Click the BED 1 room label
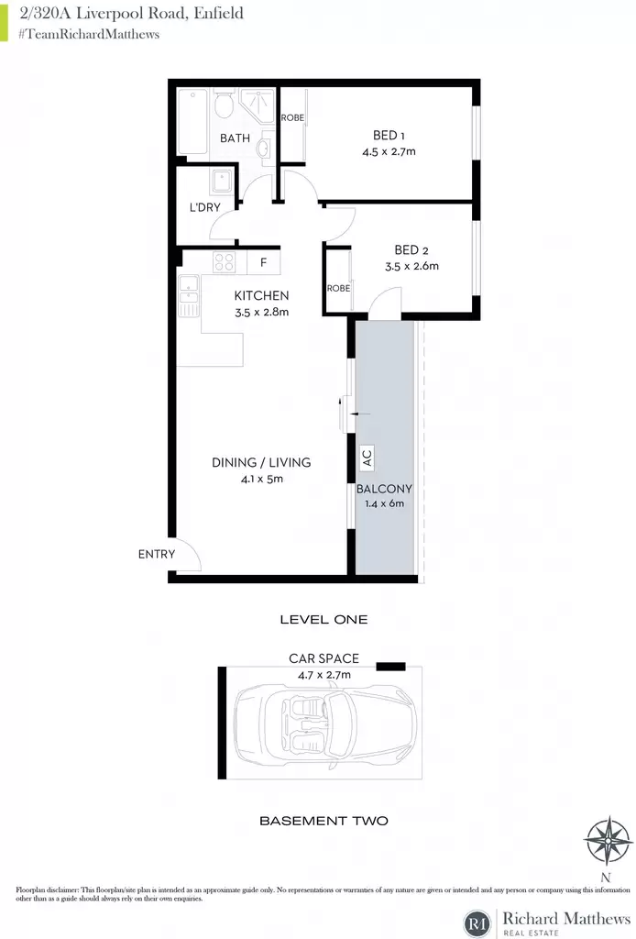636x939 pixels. [389, 136]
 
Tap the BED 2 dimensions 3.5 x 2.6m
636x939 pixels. [411, 266]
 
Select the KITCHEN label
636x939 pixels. [261, 295]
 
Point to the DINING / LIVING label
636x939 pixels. [261, 462]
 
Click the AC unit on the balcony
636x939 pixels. [367, 458]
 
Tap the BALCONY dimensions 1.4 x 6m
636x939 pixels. [384, 503]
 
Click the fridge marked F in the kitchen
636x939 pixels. [263, 262]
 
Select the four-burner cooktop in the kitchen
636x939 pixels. [225, 262]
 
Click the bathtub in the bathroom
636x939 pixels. [193, 121]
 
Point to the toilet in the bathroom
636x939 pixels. [225, 105]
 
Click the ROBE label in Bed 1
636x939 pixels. [292, 117]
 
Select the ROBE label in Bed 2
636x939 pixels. [339, 288]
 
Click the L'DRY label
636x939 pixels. [205, 207]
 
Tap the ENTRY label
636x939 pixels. [157, 554]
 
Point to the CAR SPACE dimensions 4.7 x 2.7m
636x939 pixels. [324, 675]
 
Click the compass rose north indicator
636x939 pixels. [607, 842]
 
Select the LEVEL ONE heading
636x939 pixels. [323, 620]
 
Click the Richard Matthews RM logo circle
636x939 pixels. [477, 922]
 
